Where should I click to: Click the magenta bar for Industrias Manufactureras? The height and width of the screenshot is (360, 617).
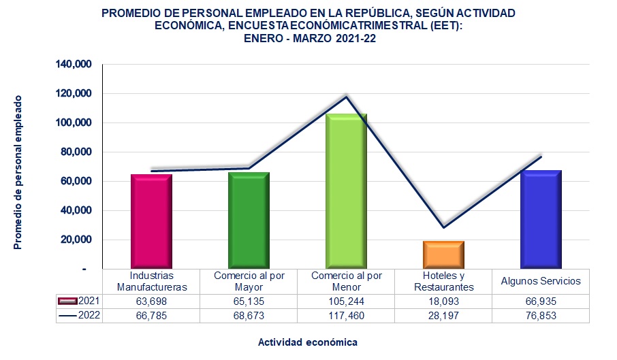[x=151, y=221]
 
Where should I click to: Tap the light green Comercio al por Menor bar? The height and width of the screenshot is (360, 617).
[x=346, y=191]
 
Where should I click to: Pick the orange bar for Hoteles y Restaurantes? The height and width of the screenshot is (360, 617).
[x=443, y=255]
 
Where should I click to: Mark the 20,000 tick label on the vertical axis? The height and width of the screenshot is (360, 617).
[x=76, y=240]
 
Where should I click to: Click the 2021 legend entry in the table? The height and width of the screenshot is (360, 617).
[x=79, y=301]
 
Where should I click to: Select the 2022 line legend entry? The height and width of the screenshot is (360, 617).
[x=79, y=315]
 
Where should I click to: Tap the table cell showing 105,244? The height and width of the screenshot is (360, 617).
[x=345, y=301]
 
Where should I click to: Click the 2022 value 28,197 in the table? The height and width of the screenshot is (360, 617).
[x=443, y=315]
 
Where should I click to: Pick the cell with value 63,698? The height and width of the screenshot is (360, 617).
[x=151, y=301]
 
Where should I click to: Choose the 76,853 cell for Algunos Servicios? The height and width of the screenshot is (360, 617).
[x=540, y=315]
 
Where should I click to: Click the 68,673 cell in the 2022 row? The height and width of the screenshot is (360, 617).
[x=248, y=315]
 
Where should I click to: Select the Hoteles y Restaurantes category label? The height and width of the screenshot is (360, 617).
[x=443, y=281]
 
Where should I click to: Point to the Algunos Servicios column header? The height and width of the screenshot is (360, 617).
[x=540, y=281]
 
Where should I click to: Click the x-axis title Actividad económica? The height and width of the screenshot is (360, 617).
[x=308, y=342]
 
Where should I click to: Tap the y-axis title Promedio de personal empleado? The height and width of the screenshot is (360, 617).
[x=18, y=172]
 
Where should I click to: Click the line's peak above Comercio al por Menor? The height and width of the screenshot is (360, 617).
[x=346, y=97]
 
